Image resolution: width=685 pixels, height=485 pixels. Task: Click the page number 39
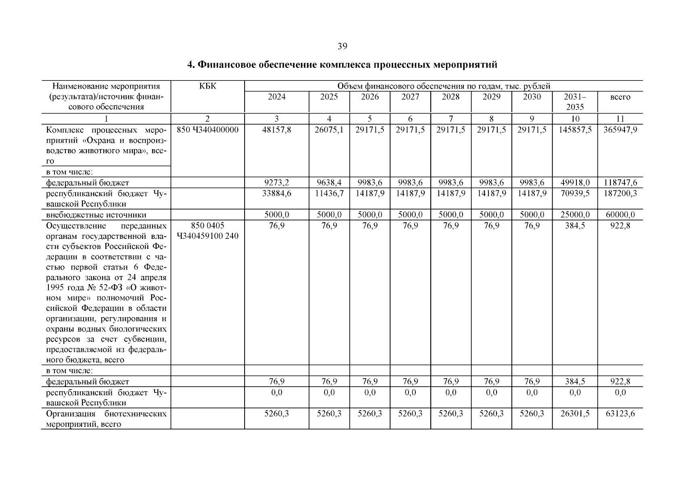[x=342, y=46]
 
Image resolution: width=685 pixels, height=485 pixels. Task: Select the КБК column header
[x=207, y=86]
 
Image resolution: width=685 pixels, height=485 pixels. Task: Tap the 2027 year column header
[x=410, y=97]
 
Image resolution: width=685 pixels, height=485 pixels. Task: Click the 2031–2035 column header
[x=575, y=102]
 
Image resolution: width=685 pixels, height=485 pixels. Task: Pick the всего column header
[x=620, y=97]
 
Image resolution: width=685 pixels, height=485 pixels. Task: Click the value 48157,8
[x=277, y=130]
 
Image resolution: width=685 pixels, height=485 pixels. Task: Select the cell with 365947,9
[x=620, y=130]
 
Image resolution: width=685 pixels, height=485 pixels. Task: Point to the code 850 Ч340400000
[x=207, y=130]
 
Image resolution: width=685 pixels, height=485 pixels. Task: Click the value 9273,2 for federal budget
[x=277, y=183]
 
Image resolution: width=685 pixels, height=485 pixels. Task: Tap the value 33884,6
[x=277, y=193]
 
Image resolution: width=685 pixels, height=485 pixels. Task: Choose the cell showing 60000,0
[x=620, y=215]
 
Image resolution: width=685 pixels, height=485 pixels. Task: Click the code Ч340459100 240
[x=207, y=236]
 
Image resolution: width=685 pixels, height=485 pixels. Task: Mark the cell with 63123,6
[x=620, y=413]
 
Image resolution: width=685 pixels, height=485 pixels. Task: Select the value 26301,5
[x=575, y=413]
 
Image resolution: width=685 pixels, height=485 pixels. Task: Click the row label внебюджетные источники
[x=96, y=215]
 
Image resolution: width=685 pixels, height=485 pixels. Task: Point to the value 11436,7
[x=329, y=193]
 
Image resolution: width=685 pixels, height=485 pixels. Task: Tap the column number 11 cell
[x=620, y=119]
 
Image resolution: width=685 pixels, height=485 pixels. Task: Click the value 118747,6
[x=620, y=183]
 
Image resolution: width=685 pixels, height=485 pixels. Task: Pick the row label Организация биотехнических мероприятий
[x=106, y=419]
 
